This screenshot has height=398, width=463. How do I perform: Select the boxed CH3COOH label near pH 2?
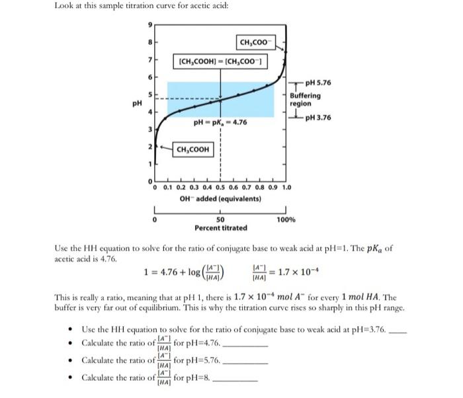(x=193, y=149)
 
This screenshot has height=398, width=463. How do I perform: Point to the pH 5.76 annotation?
(x=315, y=83)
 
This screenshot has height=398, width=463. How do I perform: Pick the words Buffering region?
(x=306, y=100)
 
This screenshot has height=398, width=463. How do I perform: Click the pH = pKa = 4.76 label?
(x=221, y=122)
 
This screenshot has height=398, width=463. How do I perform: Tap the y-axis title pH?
(x=137, y=103)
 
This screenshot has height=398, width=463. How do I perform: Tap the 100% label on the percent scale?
(x=286, y=219)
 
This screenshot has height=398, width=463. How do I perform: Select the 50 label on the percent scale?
(x=221, y=219)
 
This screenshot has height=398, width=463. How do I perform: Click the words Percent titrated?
(x=221, y=227)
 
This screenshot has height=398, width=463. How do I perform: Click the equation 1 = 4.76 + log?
(x=173, y=271)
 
